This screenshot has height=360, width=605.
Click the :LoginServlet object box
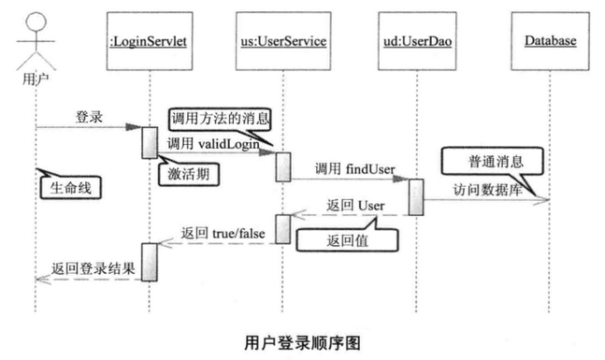[x=151, y=41]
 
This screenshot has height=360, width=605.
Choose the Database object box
[x=548, y=41]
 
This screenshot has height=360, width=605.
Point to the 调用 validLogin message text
[x=212, y=144]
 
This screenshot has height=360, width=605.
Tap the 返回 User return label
[x=352, y=205]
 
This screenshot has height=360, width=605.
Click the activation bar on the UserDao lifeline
[x=415, y=195]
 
